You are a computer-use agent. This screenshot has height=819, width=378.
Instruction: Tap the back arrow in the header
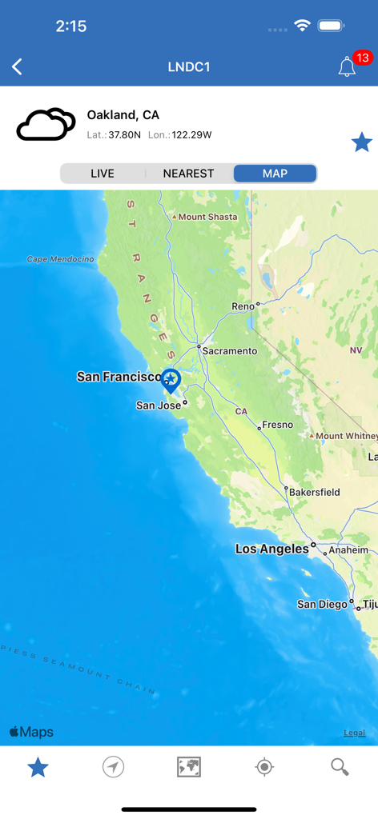click(17, 67)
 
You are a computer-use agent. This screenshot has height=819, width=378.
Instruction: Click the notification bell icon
click(347, 67)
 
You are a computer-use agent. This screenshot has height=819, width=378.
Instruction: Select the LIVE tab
click(103, 174)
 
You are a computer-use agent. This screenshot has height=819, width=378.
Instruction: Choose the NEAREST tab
click(188, 174)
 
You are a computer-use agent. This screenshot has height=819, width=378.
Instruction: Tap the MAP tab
click(275, 174)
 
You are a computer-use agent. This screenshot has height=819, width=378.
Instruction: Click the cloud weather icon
click(46, 125)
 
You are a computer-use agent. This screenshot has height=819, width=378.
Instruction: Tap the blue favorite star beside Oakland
click(361, 142)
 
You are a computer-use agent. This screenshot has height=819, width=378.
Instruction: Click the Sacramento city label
click(230, 351)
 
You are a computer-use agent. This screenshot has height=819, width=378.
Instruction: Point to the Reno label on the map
click(242, 306)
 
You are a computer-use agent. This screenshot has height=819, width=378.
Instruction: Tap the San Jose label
click(159, 406)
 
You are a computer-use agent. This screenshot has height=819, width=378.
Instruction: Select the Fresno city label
click(278, 425)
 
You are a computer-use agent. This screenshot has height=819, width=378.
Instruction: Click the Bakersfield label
click(314, 492)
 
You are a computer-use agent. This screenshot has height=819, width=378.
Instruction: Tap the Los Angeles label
click(271, 549)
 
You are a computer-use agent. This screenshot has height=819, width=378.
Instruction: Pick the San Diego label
click(323, 604)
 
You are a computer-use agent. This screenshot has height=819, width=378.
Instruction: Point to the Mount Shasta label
click(207, 217)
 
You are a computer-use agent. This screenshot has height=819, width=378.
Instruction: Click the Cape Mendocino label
click(60, 259)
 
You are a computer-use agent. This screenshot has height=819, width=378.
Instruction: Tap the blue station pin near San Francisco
click(171, 378)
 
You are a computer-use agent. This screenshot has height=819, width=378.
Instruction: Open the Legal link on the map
click(354, 733)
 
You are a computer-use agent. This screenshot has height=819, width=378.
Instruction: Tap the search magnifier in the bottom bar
click(340, 767)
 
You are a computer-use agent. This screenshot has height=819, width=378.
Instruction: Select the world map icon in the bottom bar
click(189, 767)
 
